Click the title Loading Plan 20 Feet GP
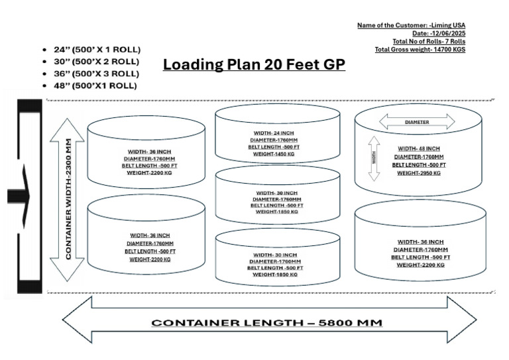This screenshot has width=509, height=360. [254, 65]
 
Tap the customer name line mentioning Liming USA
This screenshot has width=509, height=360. [411, 25]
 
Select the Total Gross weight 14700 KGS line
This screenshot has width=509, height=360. [420, 49]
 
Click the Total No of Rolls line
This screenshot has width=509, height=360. [429, 41]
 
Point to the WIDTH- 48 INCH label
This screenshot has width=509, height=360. [418, 149]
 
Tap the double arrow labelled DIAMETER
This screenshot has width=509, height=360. [416, 122]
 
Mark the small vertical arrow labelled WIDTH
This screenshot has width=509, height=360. [374, 159]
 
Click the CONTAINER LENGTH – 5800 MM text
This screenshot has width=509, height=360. [267, 323]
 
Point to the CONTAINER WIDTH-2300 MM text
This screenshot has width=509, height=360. [69, 199]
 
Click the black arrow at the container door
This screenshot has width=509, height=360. [20, 196]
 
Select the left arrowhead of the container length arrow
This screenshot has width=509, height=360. [76, 322]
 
